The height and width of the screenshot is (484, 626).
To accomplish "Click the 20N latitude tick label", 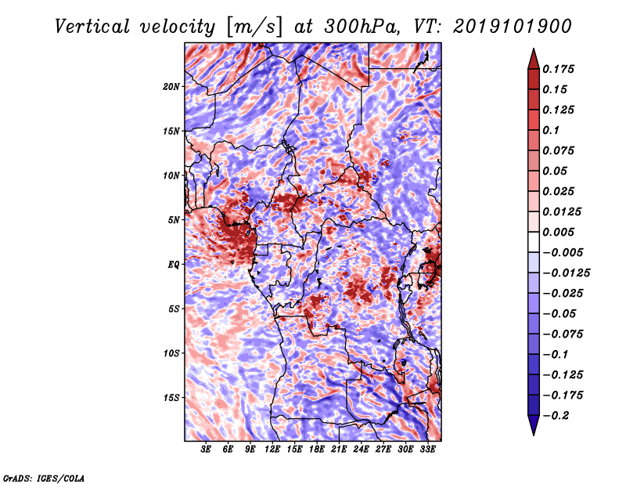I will pos(172,86).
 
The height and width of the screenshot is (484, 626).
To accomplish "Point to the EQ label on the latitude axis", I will pos(174,264).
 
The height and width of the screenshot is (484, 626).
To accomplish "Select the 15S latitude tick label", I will pos(172,397).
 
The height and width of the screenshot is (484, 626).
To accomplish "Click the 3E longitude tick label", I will pos(207,450).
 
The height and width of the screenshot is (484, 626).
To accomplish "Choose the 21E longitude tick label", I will pos(339,450).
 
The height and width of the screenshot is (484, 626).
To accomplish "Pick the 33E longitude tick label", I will pos(427,450).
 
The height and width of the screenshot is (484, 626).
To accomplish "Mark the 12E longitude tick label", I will pos(272,450).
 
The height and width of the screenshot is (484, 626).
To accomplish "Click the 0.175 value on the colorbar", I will pos(561,69).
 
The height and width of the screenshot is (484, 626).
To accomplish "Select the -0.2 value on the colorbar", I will pos(561,416).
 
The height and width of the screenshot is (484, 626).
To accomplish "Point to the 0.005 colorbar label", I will pos(561,232).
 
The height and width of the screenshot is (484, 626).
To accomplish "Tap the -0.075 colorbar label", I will pos(567,334).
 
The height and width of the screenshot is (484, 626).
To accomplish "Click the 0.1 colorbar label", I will pos(553,130).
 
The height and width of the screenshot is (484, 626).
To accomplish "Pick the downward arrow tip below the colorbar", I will pos(532,433).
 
